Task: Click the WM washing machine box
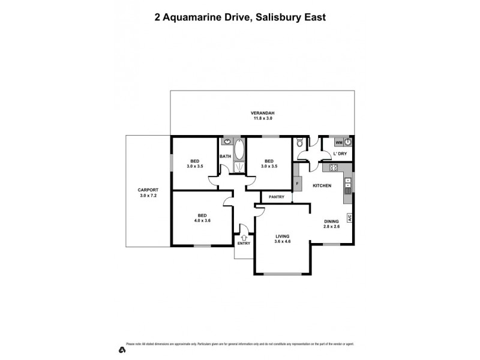click(339, 142)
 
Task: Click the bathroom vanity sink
click(227, 142)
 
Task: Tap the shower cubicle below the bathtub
click(239, 167)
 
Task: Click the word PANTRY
click(277, 197)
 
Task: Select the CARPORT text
click(148, 190)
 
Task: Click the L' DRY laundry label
click(340, 154)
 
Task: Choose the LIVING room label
click(283, 236)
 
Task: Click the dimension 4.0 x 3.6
click(203, 220)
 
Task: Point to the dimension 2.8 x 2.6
click(332, 226)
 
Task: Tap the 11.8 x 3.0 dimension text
click(263, 119)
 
